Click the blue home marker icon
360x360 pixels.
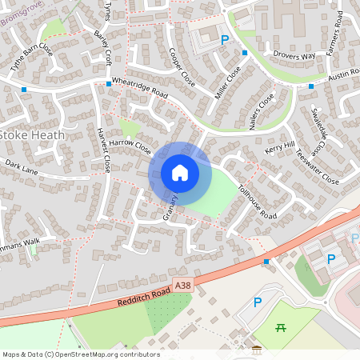pyautogui.click(x=180, y=172)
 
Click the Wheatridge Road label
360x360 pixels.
pyautogui.click(x=140, y=88)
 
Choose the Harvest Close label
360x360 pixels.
pyautogui.click(x=102, y=150)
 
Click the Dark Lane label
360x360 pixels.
pyautogui.click(x=21, y=165)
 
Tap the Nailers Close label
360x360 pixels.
pyautogui.click(x=261, y=112)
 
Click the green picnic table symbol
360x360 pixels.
pyautogui.click(x=281, y=326)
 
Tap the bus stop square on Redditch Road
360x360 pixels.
pyautogui.click(x=266, y=261)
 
